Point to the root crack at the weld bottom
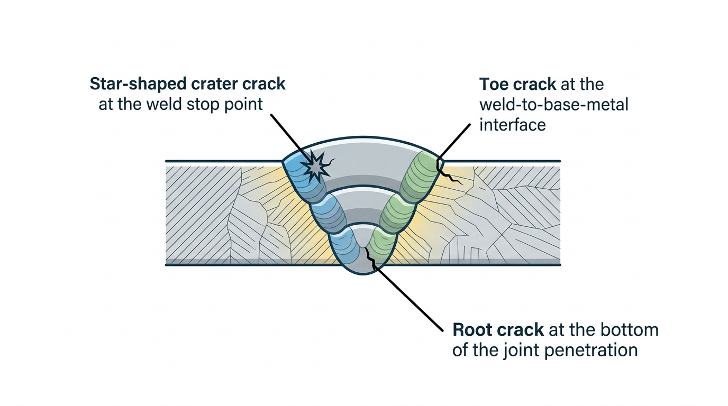[x=369, y=259]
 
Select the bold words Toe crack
[x=517, y=84]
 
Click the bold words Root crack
[x=498, y=330]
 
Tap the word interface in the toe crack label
[x=512, y=125]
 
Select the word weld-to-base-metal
[x=553, y=105]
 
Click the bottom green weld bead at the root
[x=382, y=244]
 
